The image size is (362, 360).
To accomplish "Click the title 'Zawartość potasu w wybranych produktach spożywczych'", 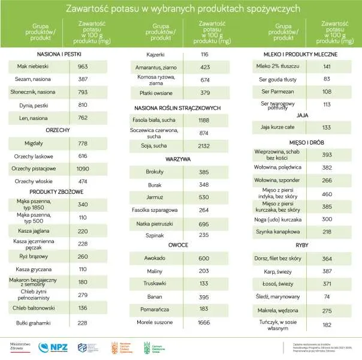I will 181,10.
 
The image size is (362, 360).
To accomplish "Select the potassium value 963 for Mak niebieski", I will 83,66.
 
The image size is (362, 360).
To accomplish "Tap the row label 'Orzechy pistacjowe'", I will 34,169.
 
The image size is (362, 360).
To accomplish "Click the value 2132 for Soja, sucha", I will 204,146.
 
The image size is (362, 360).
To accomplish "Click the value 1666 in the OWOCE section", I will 204,323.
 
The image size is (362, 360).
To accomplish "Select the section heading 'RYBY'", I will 301,245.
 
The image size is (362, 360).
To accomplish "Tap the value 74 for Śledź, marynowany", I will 327,296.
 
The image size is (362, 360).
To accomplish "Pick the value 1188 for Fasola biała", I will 204,120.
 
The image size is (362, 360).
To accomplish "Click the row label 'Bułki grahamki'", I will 34,322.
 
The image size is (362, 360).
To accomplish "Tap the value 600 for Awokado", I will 204,258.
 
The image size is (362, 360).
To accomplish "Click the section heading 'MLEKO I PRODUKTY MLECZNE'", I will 301,53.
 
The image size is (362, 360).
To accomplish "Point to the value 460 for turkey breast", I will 327,194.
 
